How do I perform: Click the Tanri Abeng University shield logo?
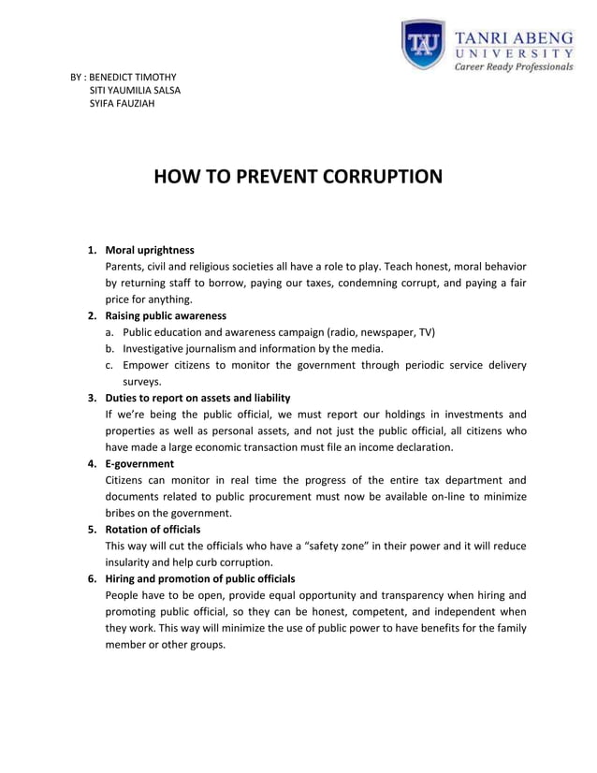pyautogui.click(x=423, y=46)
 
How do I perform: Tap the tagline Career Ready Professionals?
pyautogui.click(x=514, y=67)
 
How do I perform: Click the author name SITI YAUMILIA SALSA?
pyautogui.click(x=135, y=90)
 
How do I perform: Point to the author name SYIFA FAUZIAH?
pyautogui.click(x=122, y=103)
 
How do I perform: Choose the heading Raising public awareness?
pyautogui.click(x=166, y=315)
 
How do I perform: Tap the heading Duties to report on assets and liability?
pyautogui.click(x=197, y=398)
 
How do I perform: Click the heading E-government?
pyautogui.click(x=139, y=463)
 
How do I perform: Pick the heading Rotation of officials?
pyautogui.click(x=153, y=529)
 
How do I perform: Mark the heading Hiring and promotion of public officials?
pyautogui.click(x=200, y=578)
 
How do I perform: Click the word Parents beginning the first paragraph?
pyautogui.click(x=126, y=267)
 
